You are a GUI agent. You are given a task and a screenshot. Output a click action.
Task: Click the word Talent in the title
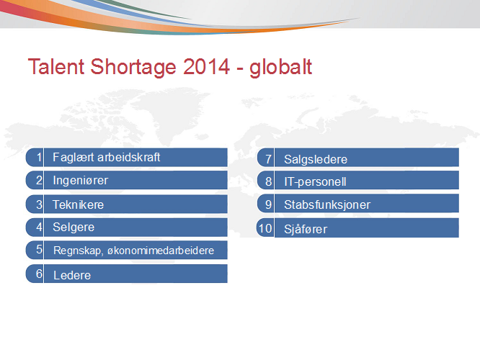[x=56, y=67]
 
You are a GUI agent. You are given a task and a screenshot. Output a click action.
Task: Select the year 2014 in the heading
[x=206, y=67]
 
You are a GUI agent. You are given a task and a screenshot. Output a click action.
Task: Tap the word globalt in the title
[x=280, y=68]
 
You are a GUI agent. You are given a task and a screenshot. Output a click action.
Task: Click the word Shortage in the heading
[x=133, y=68]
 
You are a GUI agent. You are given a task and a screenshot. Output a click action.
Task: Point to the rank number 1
[x=39, y=157]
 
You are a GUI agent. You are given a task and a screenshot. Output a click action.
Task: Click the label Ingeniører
[x=81, y=181]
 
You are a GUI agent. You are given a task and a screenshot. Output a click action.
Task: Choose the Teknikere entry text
[x=79, y=204]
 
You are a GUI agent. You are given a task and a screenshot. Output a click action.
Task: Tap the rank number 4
[x=39, y=228]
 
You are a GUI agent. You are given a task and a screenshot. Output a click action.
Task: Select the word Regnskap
[x=78, y=251]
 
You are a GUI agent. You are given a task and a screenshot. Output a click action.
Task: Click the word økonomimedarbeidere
[x=161, y=251]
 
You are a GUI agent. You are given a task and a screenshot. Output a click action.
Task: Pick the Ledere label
[x=72, y=275]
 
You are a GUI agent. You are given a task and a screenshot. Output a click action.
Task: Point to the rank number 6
[x=39, y=274]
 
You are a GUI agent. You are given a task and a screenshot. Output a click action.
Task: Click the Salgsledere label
[x=316, y=160]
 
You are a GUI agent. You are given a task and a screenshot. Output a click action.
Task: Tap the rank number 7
[x=269, y=159]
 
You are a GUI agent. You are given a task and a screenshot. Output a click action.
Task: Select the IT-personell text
[x=315, y=182]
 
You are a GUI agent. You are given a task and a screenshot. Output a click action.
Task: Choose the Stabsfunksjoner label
[x=327, y=205]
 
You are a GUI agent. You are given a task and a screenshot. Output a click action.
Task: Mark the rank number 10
[x=265, y=228]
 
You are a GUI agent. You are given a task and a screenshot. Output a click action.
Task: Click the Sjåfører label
[x=306, y=230]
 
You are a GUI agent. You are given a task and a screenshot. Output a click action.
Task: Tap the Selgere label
[x=74, y=228]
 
